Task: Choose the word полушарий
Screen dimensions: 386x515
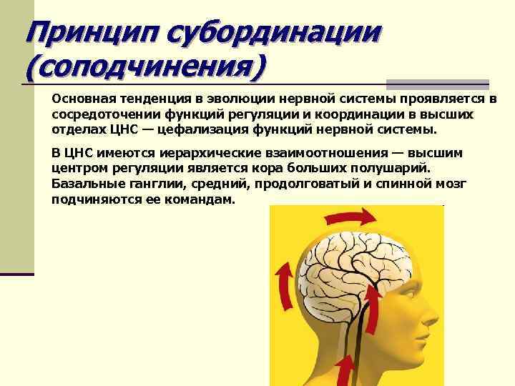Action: [395, 169]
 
